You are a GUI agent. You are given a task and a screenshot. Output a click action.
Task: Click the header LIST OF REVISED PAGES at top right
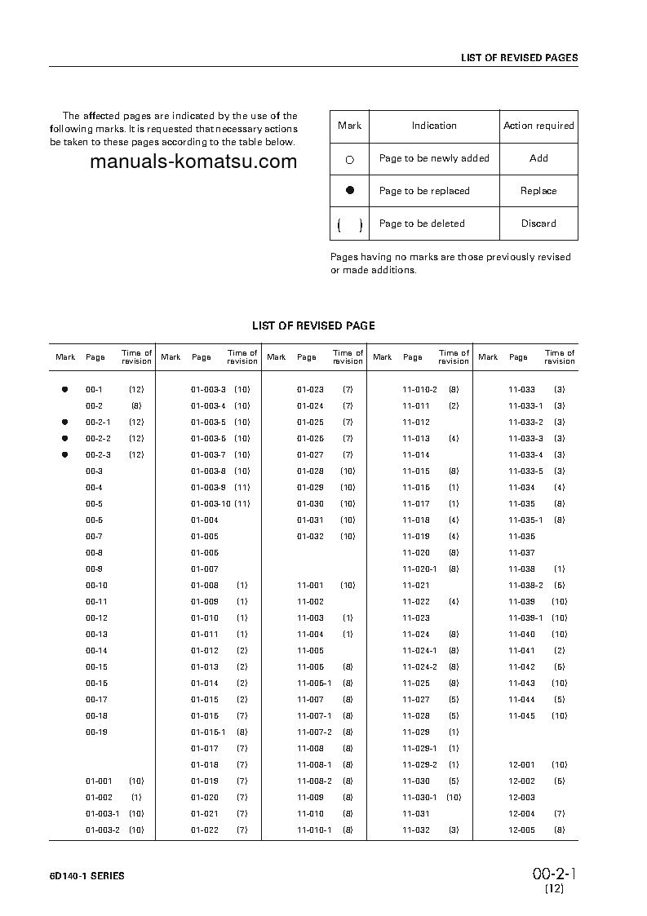(x=519, y=58)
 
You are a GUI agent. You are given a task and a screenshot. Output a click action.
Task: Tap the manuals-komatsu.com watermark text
(x=193, y=162)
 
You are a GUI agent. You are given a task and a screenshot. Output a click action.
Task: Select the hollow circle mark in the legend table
(x=350, y=159)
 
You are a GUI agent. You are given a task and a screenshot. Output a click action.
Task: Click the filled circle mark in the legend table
(x=350, y=190)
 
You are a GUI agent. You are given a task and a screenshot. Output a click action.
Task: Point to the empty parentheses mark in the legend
(x=350, y=224)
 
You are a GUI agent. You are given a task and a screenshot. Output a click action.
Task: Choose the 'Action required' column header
(x=538, y=126)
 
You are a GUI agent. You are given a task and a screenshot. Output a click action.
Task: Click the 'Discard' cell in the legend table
(x=538, y=223)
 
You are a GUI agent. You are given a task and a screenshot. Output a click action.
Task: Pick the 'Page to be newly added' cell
(x=433, y=158)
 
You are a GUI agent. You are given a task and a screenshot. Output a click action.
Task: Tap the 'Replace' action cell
(x=538, y=191)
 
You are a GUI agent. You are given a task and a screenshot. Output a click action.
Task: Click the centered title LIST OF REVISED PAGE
(x=313, y=325)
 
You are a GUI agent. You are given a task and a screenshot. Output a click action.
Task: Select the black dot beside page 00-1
(x=65, y=390)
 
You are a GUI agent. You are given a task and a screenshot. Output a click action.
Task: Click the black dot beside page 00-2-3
(x=65, y=455)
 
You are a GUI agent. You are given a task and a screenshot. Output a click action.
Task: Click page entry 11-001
(x=310, y=586)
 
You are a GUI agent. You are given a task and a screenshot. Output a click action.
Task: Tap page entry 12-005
(x=521, y=830)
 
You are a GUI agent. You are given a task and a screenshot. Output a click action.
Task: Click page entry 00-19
(x=96, y=732)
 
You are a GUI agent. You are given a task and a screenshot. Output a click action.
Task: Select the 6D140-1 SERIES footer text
(x=86, y=876)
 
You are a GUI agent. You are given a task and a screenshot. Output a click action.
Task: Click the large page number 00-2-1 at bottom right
(x=555, y=874)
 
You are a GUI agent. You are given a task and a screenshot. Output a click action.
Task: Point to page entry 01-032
(x=310, y=537)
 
